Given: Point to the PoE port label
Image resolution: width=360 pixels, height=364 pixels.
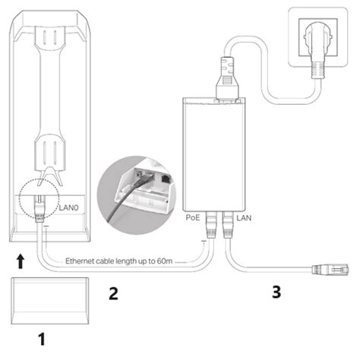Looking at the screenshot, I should point(192,218).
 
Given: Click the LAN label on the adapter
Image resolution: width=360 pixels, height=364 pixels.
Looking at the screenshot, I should point(245,218).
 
